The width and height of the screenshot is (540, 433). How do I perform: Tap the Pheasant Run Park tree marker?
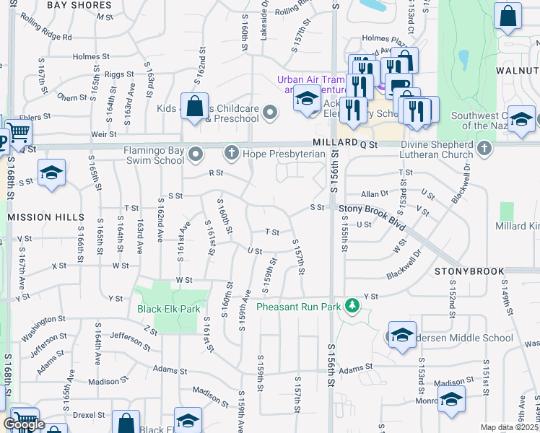(x=352, y=306)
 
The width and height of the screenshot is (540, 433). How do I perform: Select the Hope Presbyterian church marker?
(x=231, y=152)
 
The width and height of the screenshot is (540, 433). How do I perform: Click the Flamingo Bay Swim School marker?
(x=196, y=154)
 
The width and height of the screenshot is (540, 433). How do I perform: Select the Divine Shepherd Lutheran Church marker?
(x=484, y=149)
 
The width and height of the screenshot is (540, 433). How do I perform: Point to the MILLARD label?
(x=335, y=143)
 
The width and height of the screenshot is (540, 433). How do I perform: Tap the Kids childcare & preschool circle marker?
(x=270, y=112)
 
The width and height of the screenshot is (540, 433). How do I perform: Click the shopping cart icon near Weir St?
(x=19, y=133)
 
